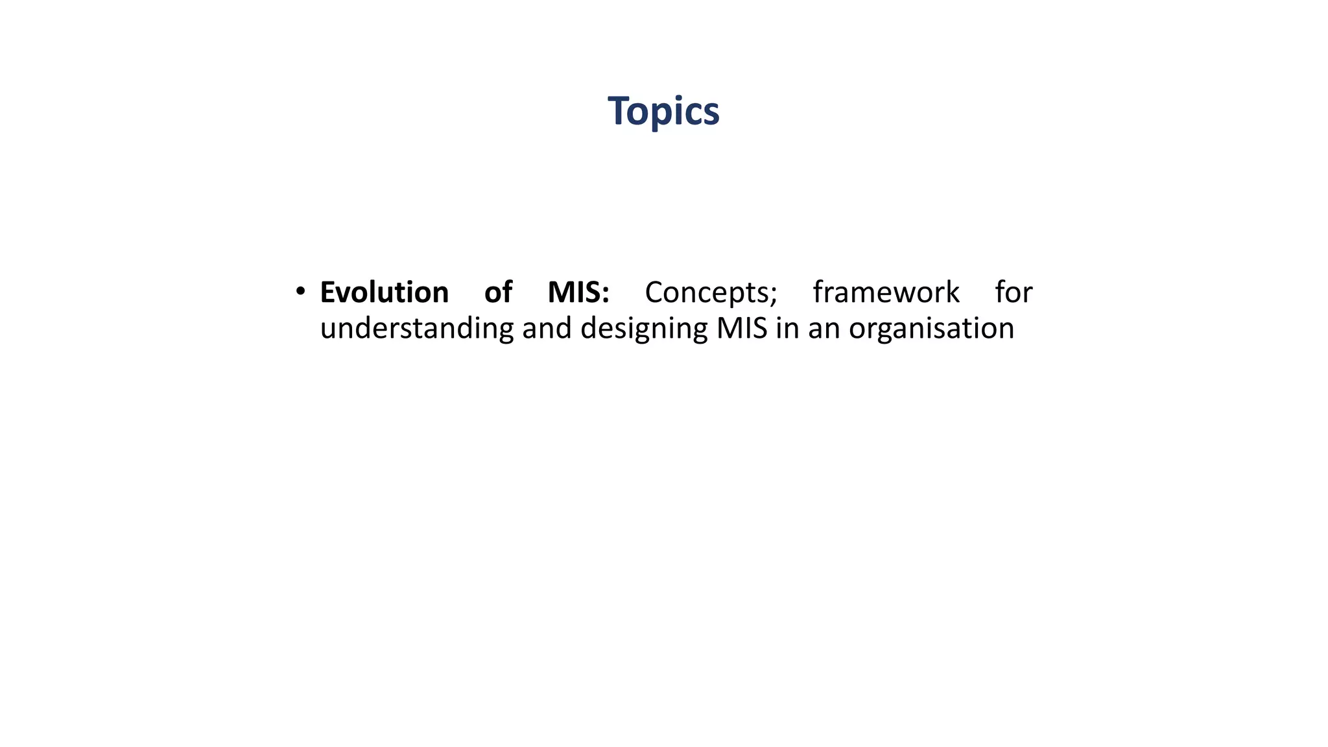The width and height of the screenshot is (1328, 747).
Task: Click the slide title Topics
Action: (x=663, y=111)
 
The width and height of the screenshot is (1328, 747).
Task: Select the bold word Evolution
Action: (x=384, y=292)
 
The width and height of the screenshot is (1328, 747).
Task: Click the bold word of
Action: (x=498, y=292)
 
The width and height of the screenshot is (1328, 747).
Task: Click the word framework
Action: (x=886, y=292)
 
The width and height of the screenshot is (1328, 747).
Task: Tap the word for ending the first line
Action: (x=1014, y=292)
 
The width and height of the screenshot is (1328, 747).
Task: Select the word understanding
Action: (x=417, y=328)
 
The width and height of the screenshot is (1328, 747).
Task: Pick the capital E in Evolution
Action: (x=328, y=292)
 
